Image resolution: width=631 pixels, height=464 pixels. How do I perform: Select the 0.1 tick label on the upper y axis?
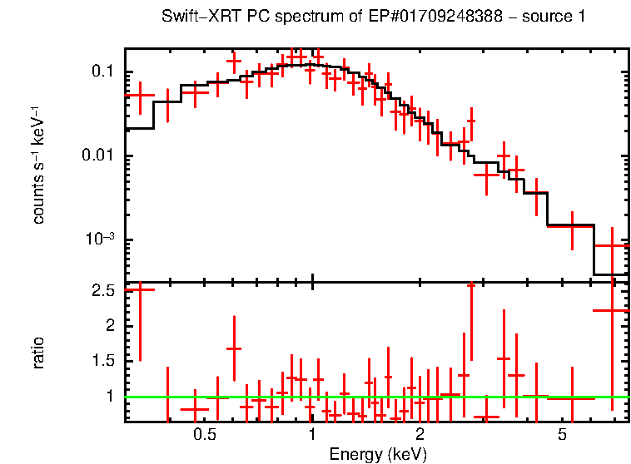tap(102, 72)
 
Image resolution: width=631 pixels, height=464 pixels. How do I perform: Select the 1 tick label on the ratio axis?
tap(110, 397)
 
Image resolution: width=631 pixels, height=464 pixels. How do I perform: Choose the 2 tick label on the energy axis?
tap(420, 436)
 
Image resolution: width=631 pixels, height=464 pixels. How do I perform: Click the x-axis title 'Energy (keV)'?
tap(377, 454)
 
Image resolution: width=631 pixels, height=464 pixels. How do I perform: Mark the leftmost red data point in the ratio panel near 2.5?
tap(139, 289)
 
